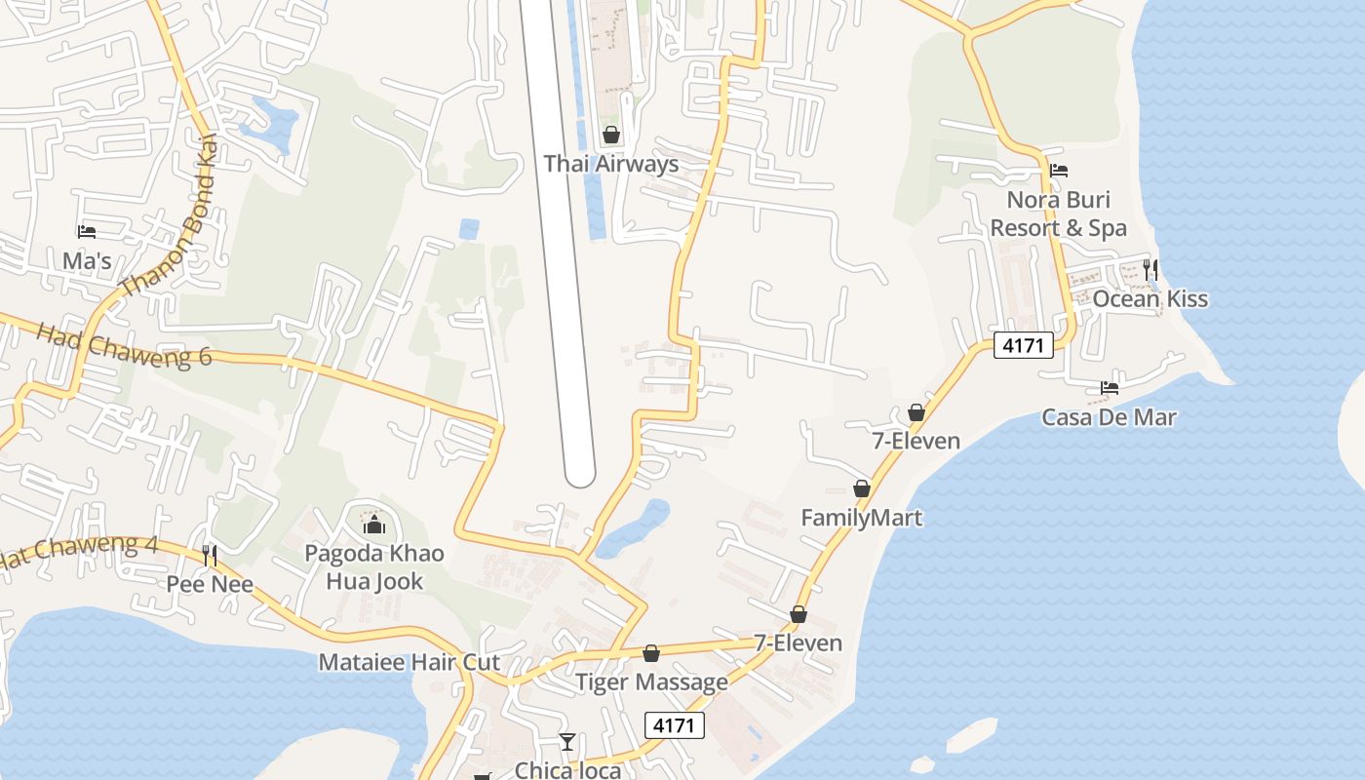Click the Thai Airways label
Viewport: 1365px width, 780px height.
(x=610, y=164)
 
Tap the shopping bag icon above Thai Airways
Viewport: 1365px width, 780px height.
(x=611, y=135)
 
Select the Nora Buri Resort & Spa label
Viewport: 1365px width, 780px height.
(x=1058, y=214)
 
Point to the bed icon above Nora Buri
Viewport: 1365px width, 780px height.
(x=1059, y=171)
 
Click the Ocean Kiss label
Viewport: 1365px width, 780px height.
(x=1150, y=299)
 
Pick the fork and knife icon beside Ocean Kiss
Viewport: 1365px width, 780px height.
(x=1150, y=268)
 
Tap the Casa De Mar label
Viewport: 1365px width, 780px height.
(x=1109, y=417)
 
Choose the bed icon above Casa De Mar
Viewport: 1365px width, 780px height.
(x=1110, y=387)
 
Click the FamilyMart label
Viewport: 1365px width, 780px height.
(x=861, y=518)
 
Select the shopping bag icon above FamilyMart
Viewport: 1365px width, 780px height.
(x=862, y=487)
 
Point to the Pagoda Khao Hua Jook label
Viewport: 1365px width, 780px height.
(x=374, y=567)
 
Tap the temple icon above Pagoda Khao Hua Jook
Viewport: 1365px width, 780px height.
(x=374, y=526)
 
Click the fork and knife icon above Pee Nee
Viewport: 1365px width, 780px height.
(x=210, y=556)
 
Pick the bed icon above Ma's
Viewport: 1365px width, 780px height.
(x=87, y=232)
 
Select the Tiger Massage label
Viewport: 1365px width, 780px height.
(x=651, y=682)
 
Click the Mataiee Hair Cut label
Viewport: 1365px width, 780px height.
(x=409, y=663)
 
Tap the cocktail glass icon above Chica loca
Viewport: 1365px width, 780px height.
(x=567, y=742)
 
